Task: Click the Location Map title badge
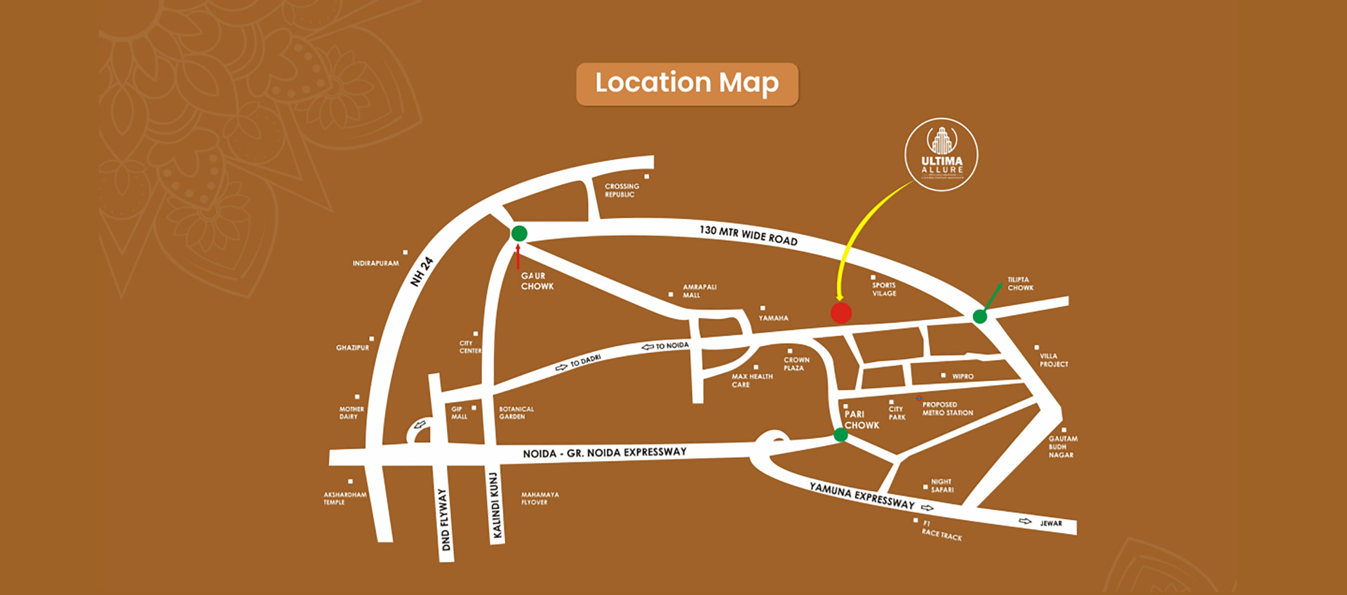click(687, 84)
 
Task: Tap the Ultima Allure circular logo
click(941, 155)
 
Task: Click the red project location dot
click(841, 313)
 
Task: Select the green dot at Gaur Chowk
click(519, 234)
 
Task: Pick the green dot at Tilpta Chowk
click(980, 316)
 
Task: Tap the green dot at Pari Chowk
click(840, 436)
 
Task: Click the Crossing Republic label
click(622, 190)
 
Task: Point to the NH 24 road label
click(422, 272)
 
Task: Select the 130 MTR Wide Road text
click(748, 235)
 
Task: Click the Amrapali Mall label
click(699, 291)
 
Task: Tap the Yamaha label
click(773, 318)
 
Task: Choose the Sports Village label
click(884, 289)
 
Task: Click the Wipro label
click(963, 377)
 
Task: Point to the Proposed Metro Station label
click(947, 409)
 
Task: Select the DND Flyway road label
click(444, 519)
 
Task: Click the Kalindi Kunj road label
click(496, 506)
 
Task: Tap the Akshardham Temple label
click(344, 498)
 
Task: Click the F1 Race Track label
click(941, 530)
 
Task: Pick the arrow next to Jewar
click(1025, 521)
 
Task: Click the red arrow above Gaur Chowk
click(518, 257)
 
